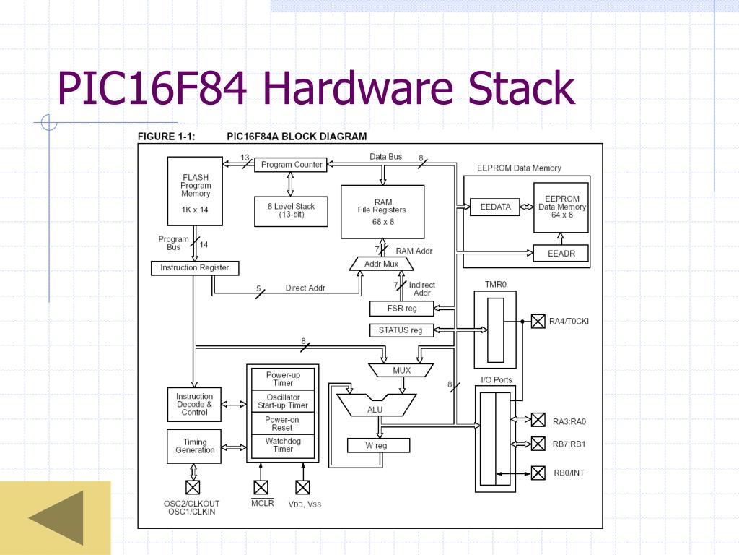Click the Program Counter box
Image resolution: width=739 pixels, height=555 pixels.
[291, 165]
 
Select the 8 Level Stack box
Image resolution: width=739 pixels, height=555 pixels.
[291, 212]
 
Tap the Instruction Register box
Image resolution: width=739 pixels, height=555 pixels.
[195, 268]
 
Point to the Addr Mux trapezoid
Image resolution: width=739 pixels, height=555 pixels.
[381, 264]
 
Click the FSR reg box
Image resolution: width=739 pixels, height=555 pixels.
[401, 309]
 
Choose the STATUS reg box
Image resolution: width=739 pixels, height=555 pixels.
[401, 330]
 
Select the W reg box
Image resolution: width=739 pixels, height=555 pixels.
[378, 445]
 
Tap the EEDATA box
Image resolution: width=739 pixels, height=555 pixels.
[495, 207]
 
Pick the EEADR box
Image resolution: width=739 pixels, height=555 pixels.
[561, 254]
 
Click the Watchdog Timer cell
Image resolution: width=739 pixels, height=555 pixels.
[283, 445]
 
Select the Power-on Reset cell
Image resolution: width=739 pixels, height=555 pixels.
[283, 423]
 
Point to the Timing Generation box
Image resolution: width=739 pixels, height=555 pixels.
[194, 446]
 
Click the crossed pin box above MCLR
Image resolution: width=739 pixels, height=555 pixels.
[261, 487]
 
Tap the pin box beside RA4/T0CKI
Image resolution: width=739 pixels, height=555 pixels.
[538, 322]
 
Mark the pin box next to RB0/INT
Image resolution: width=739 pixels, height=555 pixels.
[538, 473]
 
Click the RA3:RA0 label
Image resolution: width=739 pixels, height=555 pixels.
[569, 421]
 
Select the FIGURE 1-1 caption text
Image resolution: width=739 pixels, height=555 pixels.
[167, 137]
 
